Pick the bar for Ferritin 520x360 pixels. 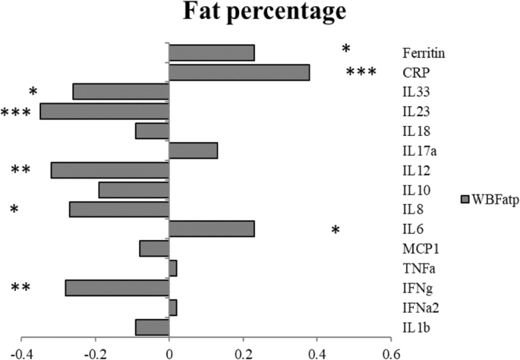pyautogui.click(x=211, y=52)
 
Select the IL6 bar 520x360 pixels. pyautogui.click(x=211, y=229)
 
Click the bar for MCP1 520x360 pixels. pyautogui.click(x=154, y=248)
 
